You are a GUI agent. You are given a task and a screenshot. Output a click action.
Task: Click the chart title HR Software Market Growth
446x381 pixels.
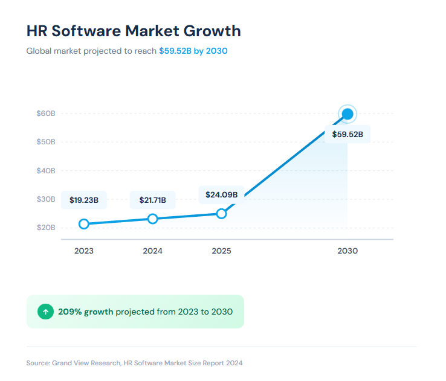[134, 31]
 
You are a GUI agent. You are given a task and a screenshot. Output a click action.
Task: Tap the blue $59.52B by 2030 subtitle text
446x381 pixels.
[193, 51]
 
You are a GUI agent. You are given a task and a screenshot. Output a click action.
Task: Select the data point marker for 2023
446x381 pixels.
[84, 224]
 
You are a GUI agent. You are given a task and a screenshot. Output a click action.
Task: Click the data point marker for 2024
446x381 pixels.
[153, 219]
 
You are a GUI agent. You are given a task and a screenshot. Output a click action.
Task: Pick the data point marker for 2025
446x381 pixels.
[221, 214]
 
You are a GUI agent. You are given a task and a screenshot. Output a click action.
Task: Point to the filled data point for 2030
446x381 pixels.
[347, 114]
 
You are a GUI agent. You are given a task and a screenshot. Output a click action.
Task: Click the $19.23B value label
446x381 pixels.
[84, 200]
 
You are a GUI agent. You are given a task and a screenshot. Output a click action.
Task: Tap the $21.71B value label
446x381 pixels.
[153, 200]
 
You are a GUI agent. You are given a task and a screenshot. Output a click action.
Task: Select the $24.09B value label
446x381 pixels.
[221, 195]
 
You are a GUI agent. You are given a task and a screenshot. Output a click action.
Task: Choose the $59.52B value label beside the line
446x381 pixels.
[347, 134]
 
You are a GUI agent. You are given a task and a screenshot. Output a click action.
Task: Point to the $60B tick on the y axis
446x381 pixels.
[46, 114]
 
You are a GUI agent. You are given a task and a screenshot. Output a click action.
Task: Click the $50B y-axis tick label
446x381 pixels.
[46, 142]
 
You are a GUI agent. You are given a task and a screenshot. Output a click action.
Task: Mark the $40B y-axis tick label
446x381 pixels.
[46, 171]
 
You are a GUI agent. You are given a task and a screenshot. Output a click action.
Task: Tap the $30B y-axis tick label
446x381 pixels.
[46, 199]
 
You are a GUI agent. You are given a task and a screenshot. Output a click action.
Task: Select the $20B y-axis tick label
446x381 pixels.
[46, 228]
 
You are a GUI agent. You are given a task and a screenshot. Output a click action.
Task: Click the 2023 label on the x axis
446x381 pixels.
[84, 251]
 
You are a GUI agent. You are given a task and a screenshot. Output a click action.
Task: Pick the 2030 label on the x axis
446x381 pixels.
[347, 251]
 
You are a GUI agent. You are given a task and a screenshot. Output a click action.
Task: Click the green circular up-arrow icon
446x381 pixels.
[45, 312]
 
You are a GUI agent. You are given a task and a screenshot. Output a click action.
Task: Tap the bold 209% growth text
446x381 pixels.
[85, 312]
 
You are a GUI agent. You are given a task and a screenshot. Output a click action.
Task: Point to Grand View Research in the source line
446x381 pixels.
[86, 363]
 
